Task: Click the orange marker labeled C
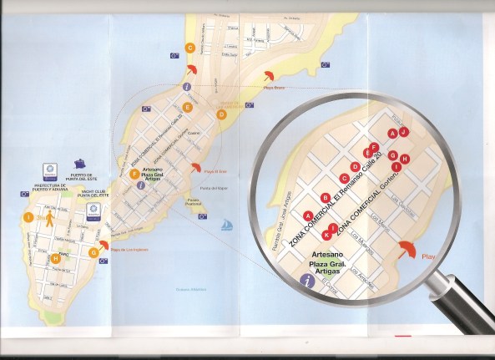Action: coord(190,48)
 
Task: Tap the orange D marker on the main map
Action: coord(221,114)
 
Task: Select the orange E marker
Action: coord(188,107)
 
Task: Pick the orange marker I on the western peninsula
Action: coord(28,217)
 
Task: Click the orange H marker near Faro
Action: coord(56,259)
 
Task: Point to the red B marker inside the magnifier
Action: coord(325,197)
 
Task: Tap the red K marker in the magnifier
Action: coord(326,235)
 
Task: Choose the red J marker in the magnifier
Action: coord(403,131)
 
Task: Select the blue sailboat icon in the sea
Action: coord(225,224)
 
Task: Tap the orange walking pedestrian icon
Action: coord(49,220)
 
